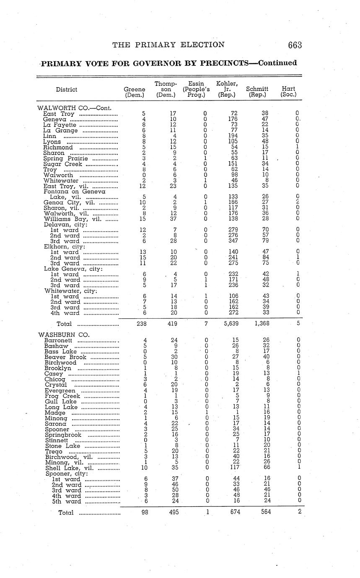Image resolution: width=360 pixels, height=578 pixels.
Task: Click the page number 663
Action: pos(295,45)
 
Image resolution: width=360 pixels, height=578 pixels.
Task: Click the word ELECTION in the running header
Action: pos(203,45)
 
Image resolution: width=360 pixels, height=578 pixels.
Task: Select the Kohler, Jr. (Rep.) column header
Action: pos(227,89)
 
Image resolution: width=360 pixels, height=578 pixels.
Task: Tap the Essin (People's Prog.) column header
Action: pos(196,89)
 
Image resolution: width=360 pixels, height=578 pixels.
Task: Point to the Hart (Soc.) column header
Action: pos(288,92)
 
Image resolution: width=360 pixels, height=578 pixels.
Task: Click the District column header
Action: pos(67,89)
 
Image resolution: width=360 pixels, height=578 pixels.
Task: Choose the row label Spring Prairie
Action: pos(65,158)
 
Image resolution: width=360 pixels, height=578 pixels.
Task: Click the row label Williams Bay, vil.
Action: pos(69,219)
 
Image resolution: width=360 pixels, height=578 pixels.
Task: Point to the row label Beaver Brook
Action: pos(65,357)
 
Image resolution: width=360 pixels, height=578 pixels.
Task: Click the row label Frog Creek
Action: pos(62,396)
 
